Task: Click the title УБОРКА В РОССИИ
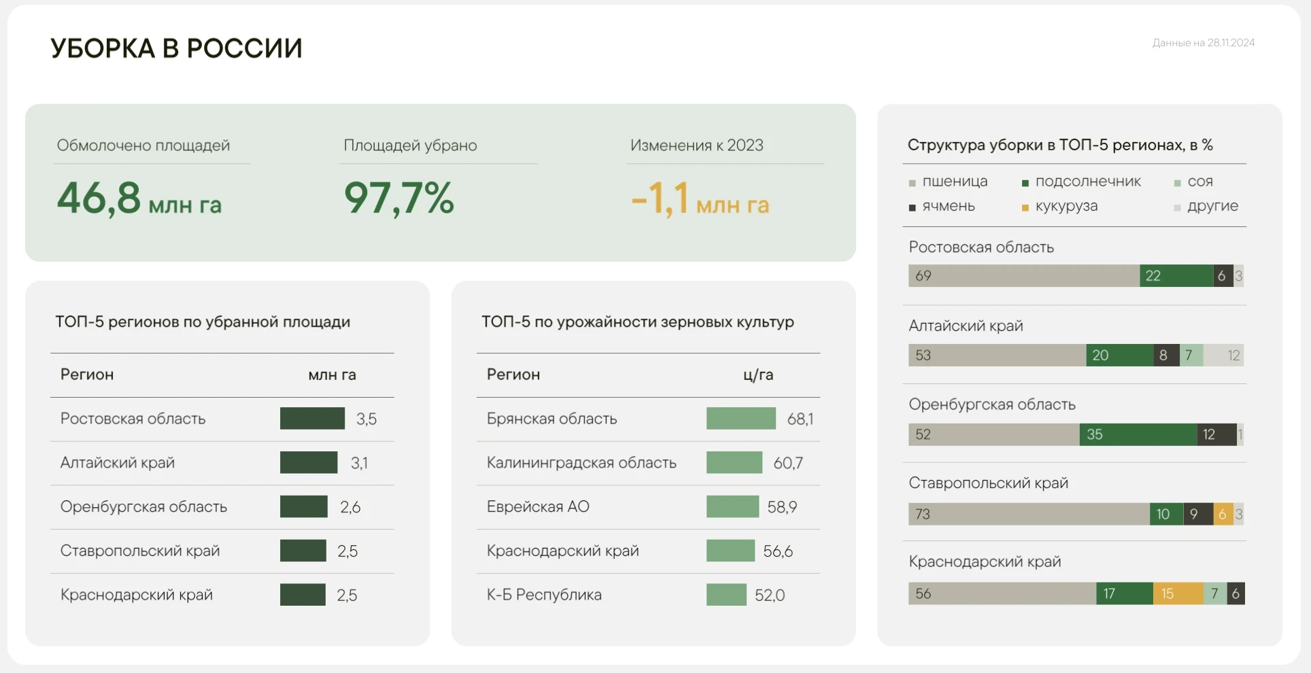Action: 176,48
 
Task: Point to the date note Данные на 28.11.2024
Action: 1203,43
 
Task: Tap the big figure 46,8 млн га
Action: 139,199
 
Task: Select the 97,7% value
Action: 399,199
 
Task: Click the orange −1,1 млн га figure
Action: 700,199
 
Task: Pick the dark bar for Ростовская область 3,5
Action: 312,418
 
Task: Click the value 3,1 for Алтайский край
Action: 359,463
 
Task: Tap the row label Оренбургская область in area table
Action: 143,506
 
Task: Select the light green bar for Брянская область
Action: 740,418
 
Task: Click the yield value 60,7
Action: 788,463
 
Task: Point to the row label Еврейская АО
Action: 538,506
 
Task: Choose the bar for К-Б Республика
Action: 726,595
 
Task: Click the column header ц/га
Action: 758,375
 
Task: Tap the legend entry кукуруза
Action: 1066,206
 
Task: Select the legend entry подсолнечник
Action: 1087,182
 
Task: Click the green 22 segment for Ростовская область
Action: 1176,276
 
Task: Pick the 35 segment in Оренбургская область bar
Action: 1138,434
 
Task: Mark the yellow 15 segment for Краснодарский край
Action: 1178,593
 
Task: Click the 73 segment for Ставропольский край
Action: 1029,514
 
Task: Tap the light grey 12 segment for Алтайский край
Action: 1223,355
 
